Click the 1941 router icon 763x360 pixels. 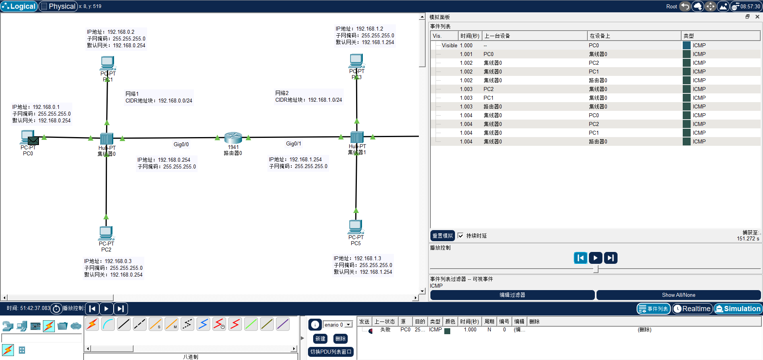[x=233, y=138]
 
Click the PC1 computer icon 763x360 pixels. [x=107, y=63]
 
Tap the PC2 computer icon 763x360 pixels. [x=106, y=233]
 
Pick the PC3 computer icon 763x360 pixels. [x=356, y=61]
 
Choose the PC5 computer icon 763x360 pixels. [x=356, y=226]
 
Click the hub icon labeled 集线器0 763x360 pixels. [x=107, y=139]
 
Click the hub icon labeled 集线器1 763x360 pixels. [x=356, y=137]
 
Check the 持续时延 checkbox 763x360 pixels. [x=460, y=236]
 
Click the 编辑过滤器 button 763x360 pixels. [x=512, y=295]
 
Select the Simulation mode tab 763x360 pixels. [x=738, y=309]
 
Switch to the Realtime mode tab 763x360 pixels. [x=692, y=309]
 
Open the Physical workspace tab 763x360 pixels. [x=58, y=6]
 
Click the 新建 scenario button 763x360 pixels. [x=320, y=339]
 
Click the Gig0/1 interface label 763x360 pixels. [x=293, y=143]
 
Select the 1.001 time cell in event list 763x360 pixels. [x=466, y=54]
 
